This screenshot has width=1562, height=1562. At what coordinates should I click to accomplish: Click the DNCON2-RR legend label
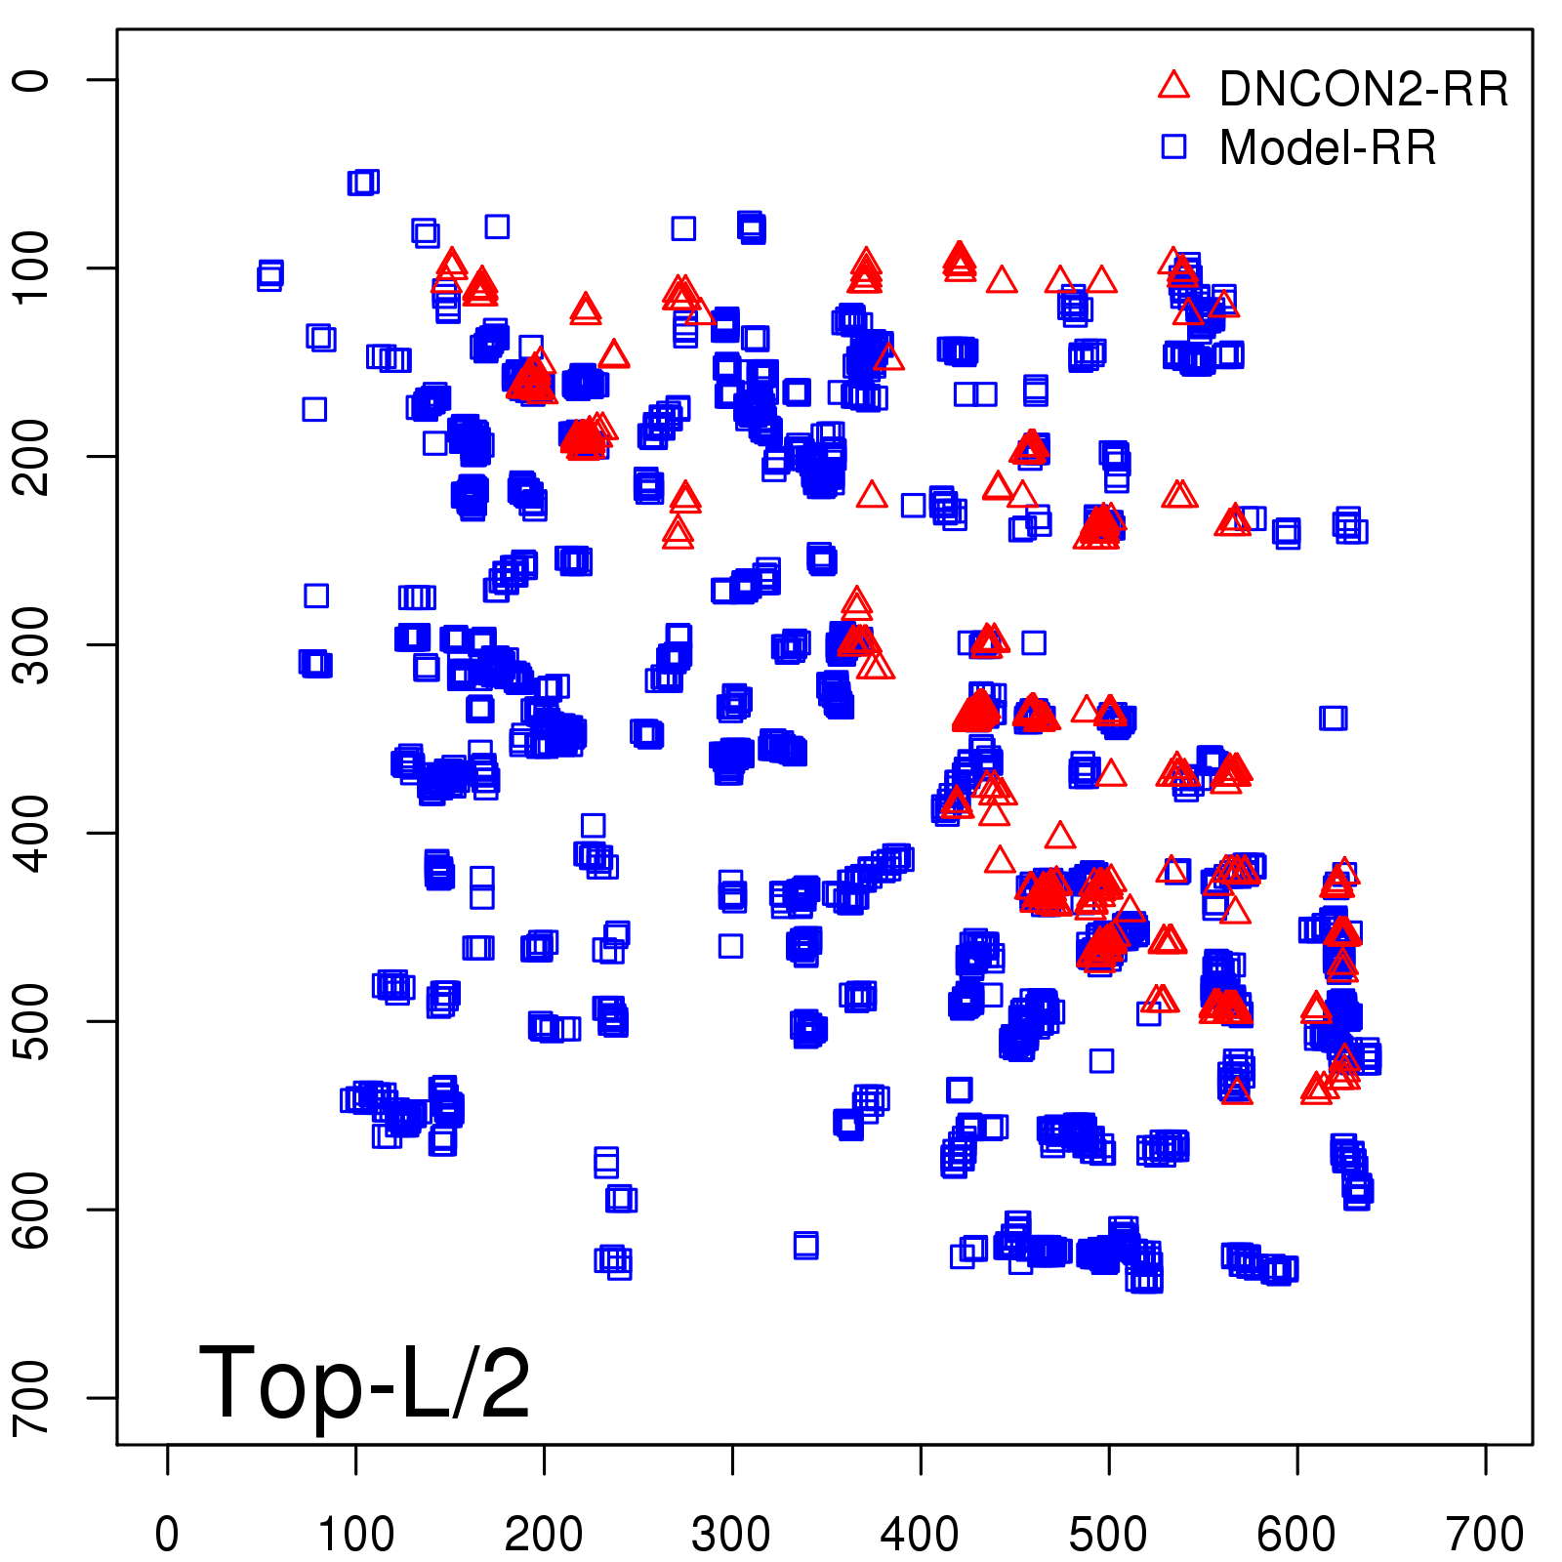click(1363, 90)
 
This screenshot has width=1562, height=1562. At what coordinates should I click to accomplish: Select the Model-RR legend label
click(1328, 148)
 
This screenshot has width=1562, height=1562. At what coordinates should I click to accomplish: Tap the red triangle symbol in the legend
click(1173, 86)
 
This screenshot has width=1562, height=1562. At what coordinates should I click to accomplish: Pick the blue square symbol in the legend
click(1173, 146)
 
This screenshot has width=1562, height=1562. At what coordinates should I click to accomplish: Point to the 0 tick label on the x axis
click(167, 1534)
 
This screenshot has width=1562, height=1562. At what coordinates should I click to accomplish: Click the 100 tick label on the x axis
click(356, 1534)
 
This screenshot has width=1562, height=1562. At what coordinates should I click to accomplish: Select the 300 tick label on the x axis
click(732, 1534)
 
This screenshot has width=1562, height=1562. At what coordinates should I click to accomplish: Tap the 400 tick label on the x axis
click(921, 1534)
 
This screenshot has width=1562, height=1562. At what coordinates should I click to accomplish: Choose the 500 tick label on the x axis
click(1109, 1534)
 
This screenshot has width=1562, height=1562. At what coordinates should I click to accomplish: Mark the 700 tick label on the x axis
click(1485, 1534)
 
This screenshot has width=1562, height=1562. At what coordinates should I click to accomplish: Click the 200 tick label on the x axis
click(544, 1534)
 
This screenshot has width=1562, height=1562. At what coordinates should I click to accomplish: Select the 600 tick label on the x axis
click(1296, 1534)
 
